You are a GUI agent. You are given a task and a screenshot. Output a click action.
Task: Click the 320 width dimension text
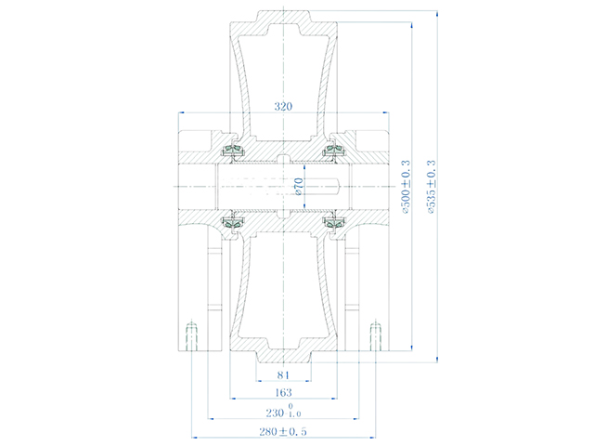[x=283, y=107]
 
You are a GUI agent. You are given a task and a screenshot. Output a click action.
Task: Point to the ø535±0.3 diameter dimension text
[x=430, y=187]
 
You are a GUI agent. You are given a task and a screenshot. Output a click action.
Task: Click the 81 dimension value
[x=283, y=375]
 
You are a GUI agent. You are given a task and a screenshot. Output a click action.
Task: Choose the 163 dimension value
[x=283, y=393]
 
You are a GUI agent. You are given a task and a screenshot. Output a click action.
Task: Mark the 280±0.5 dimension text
[x=283, y=430]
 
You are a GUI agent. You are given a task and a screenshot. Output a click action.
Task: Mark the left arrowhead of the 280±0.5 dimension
[x=193, y=438]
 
